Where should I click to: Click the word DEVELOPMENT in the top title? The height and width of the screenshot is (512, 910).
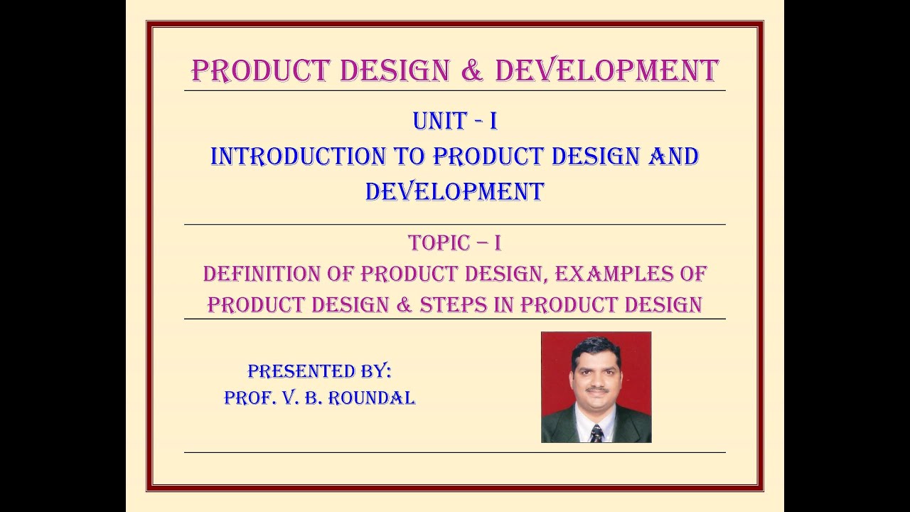click(x=606, y=71)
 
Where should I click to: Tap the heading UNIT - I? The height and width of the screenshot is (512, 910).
click(x=455, y=122)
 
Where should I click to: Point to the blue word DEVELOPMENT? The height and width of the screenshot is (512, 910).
click(x=455, y=191)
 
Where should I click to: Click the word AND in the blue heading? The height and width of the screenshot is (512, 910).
click(x=673, y=156)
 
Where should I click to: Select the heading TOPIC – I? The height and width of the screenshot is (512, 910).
click(x=455, y=243)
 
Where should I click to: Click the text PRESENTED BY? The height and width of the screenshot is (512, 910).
click(x=319, y=371)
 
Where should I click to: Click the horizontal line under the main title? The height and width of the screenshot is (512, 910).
click(x=455, y=91)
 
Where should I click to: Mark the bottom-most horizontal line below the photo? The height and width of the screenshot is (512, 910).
click(x=455, y=452)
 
